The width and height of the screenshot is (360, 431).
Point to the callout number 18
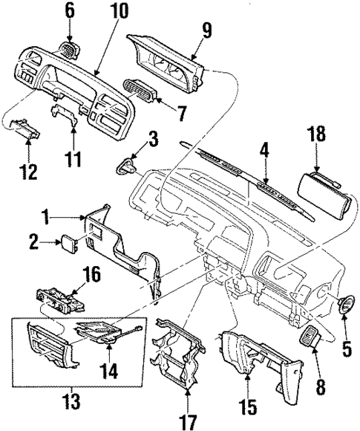[317, 134]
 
